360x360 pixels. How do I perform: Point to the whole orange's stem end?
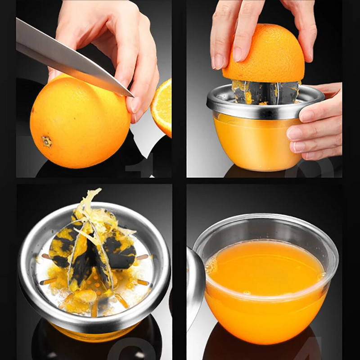(46, 142)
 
